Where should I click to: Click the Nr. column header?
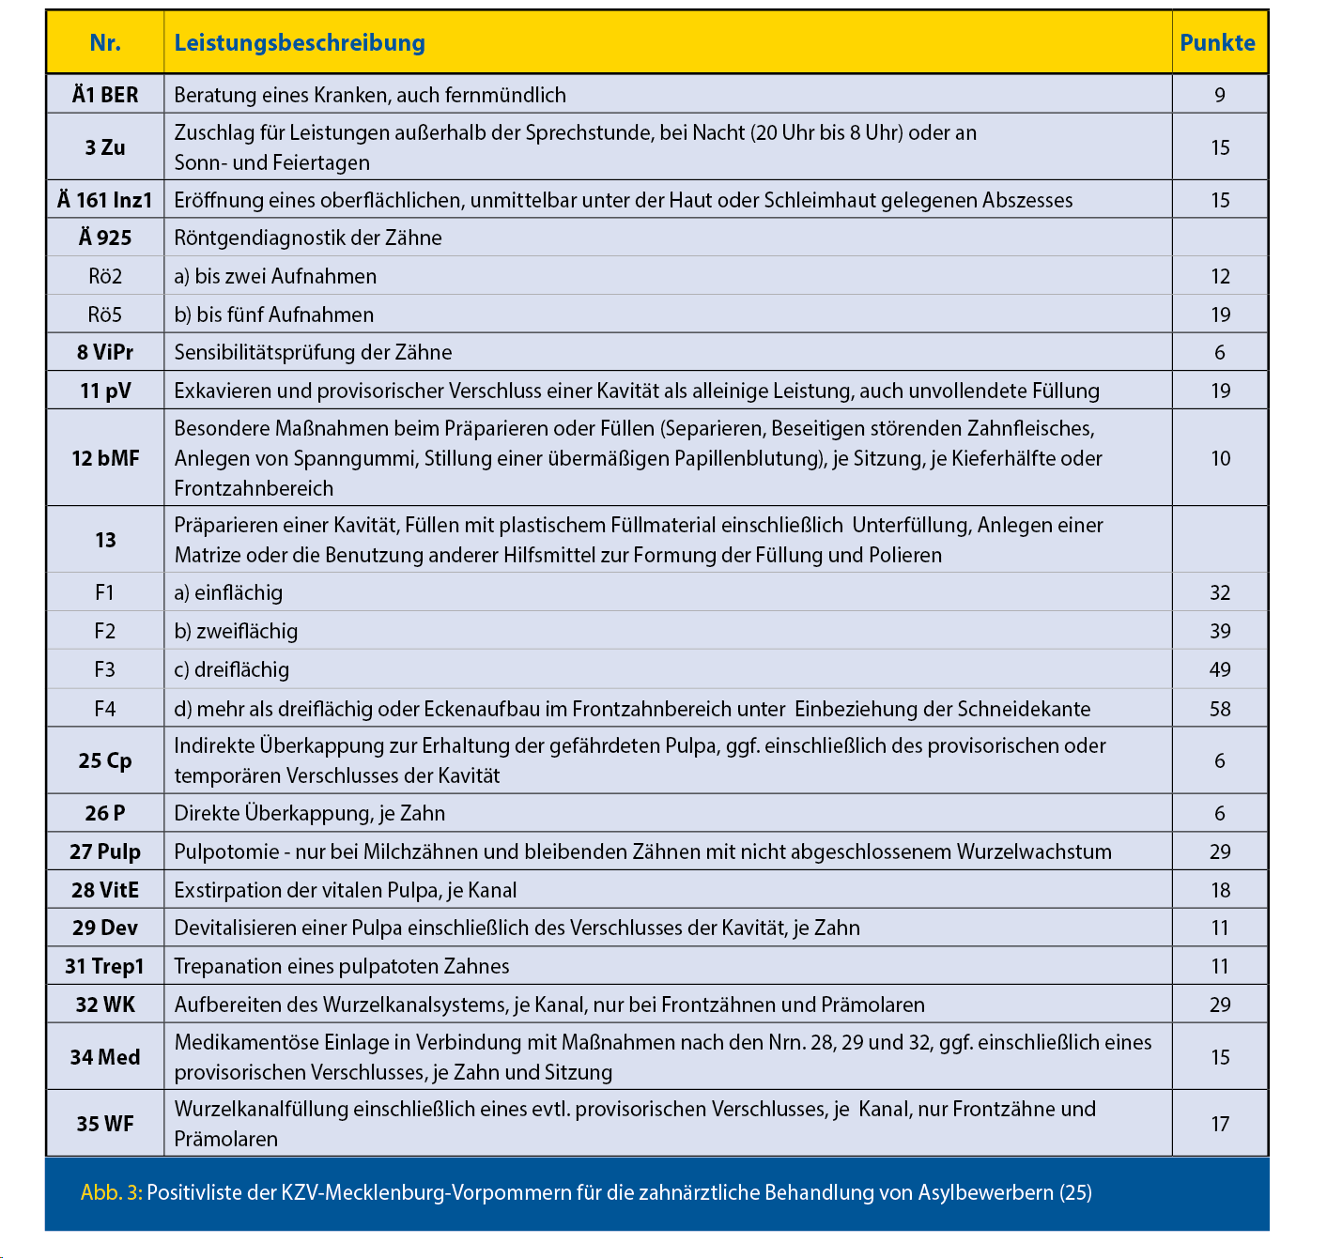[105, 43]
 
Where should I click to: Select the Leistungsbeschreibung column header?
[300, 43]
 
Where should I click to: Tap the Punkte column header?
[1218, 43]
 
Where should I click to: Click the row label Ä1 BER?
[105, 95]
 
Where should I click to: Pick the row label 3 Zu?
[105, 147]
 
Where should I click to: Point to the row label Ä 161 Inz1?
[105, 200]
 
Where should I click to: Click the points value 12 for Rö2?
[1220, 276]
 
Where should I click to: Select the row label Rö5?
[105, 314]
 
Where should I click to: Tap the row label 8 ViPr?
[105, 352]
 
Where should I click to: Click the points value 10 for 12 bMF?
[1220, 458]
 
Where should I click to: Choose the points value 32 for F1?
[1220, 592]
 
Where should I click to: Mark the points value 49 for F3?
[1220, 669]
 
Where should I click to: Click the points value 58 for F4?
[1220, 709]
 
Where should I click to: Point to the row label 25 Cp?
[105, 760]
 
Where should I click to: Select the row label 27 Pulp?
[105, 851]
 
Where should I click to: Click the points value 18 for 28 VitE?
[1220, 890]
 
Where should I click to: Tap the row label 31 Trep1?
[105, 966]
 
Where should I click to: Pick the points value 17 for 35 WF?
[1220, 1124]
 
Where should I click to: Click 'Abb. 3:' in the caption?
[111, 1192]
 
